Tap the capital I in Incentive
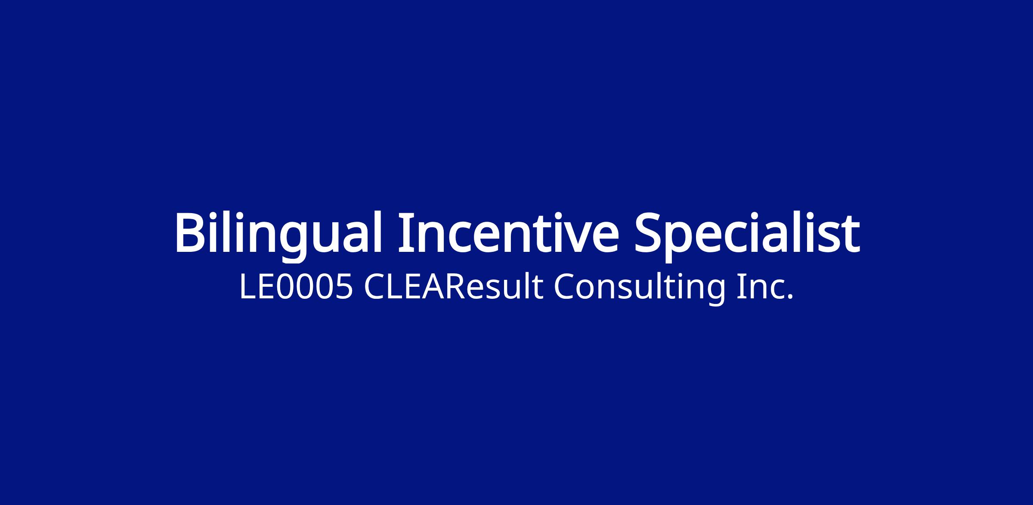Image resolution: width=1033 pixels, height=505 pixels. coord(405,232)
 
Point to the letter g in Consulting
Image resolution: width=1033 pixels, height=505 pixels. coord(716,293)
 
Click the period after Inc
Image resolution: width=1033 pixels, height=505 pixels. coord(789,297)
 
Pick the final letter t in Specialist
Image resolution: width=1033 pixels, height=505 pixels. coord(851,235)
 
